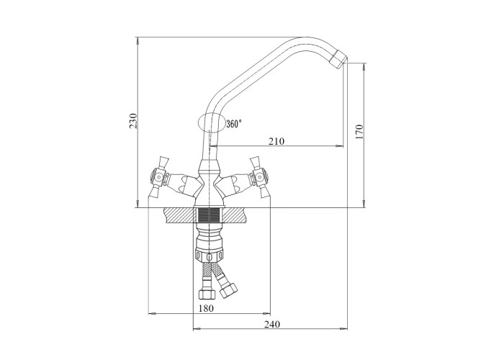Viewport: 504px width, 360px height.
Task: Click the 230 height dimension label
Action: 133,121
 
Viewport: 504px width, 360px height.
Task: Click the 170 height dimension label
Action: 359,132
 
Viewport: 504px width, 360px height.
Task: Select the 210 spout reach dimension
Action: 276,141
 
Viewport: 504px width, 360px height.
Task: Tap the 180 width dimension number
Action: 206,308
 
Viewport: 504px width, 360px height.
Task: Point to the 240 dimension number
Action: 272,324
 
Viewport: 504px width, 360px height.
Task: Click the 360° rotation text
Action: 234,124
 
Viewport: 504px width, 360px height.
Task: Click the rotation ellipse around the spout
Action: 198,122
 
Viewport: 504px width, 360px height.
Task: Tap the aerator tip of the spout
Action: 339,58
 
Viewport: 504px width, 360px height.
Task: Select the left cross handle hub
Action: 158,177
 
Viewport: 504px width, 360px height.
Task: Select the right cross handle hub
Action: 260,177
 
